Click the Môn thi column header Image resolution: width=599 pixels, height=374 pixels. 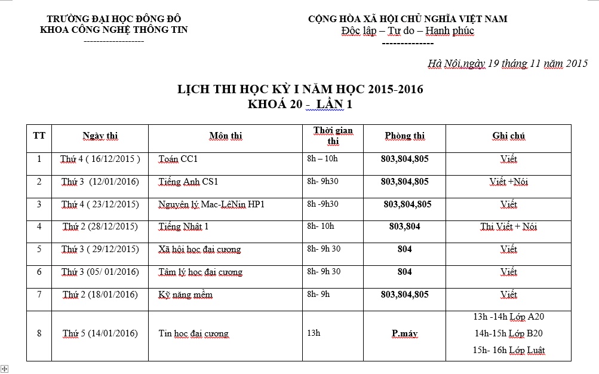tap(226, 136)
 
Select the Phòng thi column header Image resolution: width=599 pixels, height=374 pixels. tap(404, 136)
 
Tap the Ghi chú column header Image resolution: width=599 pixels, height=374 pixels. tap(508, 136)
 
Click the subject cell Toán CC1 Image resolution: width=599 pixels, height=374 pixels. tap(178, 160)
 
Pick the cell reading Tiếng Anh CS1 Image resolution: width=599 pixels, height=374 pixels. tap(188, 182)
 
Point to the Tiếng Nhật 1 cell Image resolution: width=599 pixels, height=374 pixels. tap(183, 227)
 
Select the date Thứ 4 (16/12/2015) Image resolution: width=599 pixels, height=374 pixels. tap(100, 159)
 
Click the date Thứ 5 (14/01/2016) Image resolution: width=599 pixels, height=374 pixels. tap(100, 333)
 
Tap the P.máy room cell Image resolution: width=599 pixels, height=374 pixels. tap(404, 333)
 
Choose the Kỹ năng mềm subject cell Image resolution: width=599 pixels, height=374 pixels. tap(185, 295)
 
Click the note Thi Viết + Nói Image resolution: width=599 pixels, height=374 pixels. tap(508, 227)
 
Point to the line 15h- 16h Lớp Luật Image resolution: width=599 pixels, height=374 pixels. tap(508, 350)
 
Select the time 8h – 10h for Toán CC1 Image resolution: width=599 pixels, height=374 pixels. tap(322, 159)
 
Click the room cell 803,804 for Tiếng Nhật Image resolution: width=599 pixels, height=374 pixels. tap(404, 226)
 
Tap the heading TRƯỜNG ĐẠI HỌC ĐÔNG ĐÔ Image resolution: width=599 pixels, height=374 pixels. tap(113, 19)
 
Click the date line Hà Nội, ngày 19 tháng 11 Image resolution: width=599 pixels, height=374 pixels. tap(508, 63)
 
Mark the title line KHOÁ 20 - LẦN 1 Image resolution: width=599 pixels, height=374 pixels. tap(300, 104)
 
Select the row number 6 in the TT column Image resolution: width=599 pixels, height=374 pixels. tap(39, 272)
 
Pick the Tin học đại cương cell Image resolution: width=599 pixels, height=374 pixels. tap(193, 333)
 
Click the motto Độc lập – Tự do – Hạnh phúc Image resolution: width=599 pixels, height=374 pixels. tap(407, 31)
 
